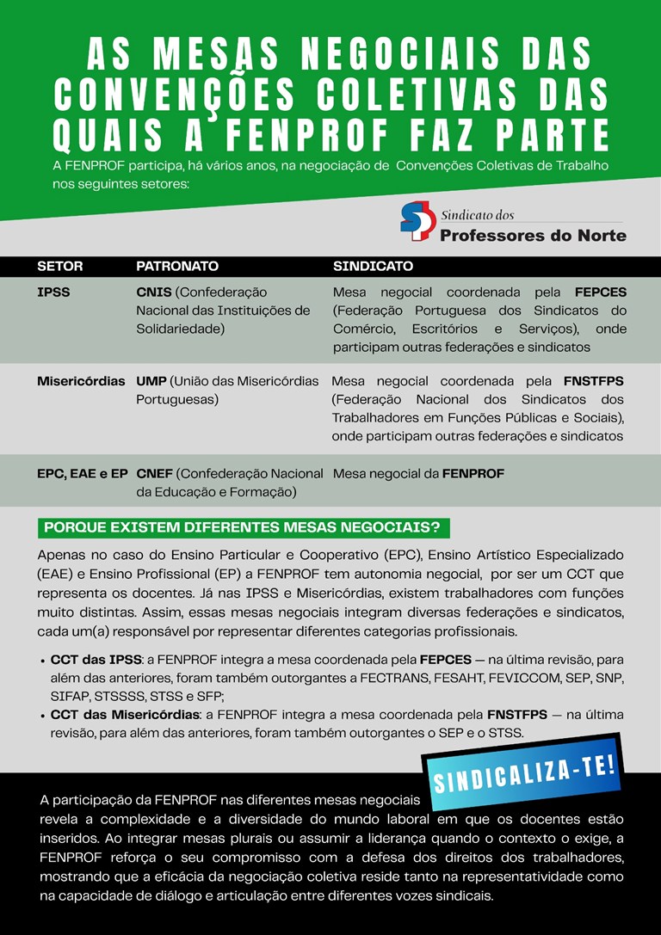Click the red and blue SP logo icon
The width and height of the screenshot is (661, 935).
pos(417,221)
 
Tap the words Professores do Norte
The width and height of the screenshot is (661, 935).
pos(533,235)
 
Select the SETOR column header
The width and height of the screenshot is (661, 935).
pos(60,267)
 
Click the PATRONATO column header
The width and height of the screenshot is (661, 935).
pos(177,267)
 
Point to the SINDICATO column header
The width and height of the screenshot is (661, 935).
pos(373,267)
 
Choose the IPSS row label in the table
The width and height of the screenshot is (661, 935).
pos(53,292)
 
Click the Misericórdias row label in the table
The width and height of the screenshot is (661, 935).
pos(81,381)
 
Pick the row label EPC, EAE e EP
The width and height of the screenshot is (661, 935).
pos(83,473)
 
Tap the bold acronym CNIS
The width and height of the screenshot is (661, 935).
pos(154,292)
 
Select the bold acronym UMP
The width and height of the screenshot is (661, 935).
pos(151,381)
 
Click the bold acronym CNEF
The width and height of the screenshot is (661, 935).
pos(155,473)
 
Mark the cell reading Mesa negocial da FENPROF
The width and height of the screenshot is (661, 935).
pos(418,473)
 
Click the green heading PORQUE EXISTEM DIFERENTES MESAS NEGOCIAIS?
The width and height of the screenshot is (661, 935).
pos(244,527)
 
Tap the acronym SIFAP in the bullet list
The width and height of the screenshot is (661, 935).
pos(69,695)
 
